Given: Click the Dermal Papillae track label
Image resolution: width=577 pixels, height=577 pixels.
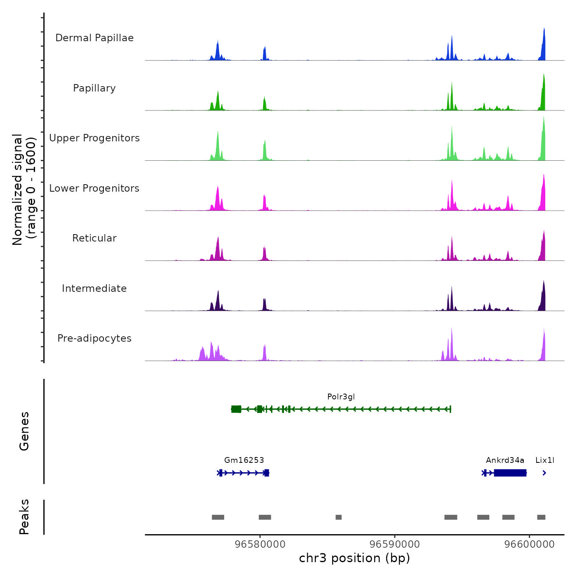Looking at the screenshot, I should tap(94, 38).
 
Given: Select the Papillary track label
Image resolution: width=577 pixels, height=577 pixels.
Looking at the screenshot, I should tap(94, 88).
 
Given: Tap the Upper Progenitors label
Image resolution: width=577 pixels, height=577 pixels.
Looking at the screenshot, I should tap(94, 138).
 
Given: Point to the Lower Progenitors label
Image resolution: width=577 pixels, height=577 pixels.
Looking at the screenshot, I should tap(94, 188).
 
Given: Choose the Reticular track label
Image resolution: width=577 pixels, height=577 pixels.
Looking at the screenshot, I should tap(94, 238).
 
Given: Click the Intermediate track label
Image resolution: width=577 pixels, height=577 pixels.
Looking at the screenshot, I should tap(94, 288).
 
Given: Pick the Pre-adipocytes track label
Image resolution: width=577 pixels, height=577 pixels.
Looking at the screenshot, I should tap(94, 338).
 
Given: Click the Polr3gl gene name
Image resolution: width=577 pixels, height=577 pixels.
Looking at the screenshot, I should tap(341, 397).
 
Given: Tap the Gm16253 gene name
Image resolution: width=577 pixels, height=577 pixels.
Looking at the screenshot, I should tap(244, 460).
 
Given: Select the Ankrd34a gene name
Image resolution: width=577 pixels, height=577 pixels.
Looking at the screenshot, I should tap(505, 460).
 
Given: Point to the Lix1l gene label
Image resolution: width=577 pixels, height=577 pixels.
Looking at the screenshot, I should tap(545, 460).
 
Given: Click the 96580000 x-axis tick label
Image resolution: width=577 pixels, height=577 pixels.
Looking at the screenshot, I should tap(260, 544).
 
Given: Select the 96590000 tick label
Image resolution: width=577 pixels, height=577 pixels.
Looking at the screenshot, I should tap(395, 544).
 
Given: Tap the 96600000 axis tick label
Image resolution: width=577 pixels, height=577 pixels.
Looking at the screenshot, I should tap(530, 544).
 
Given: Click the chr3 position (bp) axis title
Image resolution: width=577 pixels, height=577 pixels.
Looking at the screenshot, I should tap(354, 558).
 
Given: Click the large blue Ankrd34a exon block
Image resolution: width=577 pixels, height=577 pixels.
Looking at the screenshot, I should tap(510, 473).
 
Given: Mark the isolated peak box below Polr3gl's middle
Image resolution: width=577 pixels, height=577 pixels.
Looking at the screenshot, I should tap(338, 517).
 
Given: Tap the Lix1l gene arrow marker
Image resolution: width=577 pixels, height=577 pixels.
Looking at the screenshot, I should tap(544, 473).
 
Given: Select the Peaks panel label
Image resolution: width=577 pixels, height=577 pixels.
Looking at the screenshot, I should tap(24, 517).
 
